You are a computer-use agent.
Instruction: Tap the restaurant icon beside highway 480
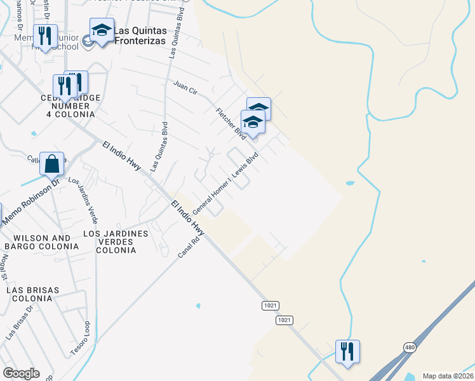(x=347, y=351)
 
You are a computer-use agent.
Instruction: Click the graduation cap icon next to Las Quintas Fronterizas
(x=102, y=30)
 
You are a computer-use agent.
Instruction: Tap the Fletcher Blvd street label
(x=231, y=124)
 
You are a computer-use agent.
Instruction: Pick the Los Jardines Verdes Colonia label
(x=116, y=242)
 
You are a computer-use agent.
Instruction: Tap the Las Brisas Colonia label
(x=33, y=295)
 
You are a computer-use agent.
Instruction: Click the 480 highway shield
(x=410, y=347)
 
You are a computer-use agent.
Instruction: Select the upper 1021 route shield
(x=270, y=305)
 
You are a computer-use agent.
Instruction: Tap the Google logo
(x=21, y=373)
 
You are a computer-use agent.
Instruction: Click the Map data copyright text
(x=447, y=376)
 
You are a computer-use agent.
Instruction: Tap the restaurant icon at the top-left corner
(x=45, y=36)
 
